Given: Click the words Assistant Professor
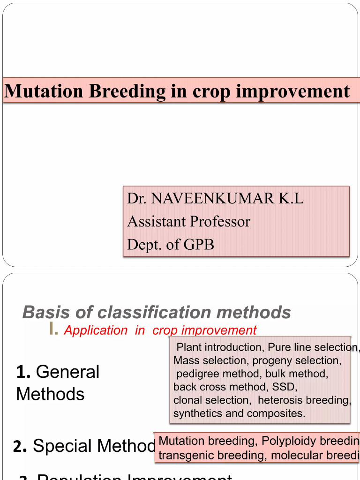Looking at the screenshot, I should click(188, 221).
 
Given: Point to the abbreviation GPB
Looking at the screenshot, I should click(199, 244).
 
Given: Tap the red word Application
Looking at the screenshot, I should click(96, 330).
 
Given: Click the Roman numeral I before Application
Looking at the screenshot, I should click(53, 330).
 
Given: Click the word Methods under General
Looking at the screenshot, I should click(50, 394).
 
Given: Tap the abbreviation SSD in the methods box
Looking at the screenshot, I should click(285, 387).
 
